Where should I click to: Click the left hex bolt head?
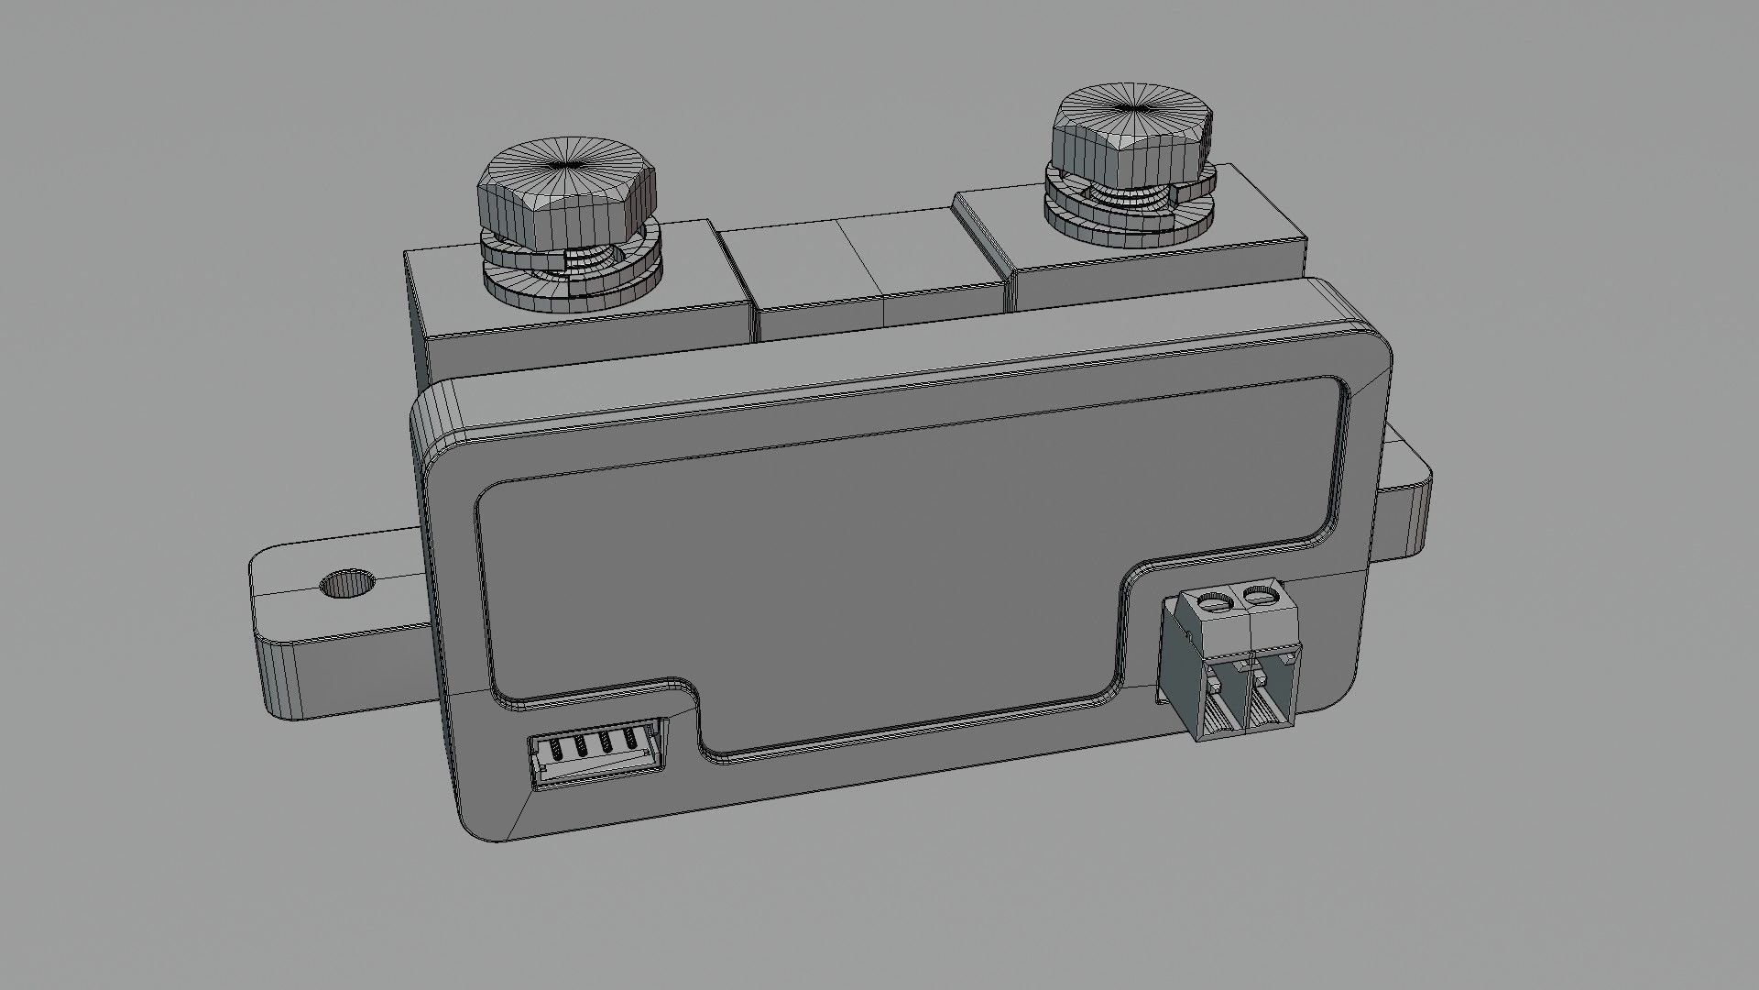tap(566, 197)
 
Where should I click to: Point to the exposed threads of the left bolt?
tap(579, 259)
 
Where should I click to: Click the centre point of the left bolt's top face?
tap(564, 166)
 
